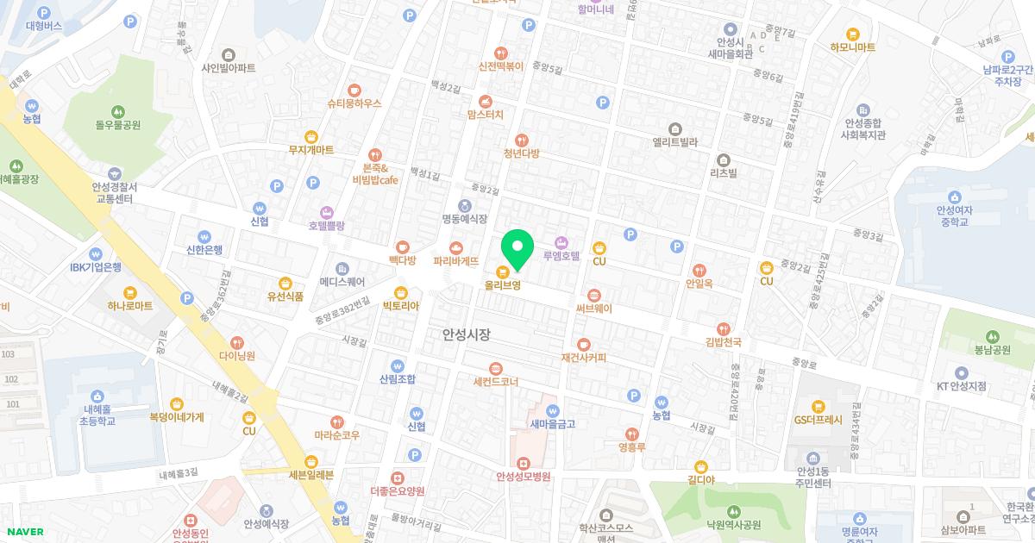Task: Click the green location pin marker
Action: (x=517, y=248)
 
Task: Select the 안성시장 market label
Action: (x=466, y=334)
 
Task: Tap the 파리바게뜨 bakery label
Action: (x=455, y=259)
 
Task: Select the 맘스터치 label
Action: (x=485, y=114)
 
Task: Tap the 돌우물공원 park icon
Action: (x=118, y=111)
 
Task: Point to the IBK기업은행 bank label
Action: (x=96, y=267)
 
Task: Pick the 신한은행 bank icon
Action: (x=204, y=237)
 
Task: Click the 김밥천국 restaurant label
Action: (x=723, y=342)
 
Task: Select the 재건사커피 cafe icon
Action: (x=584, y=345)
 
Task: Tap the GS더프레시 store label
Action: (x=818, y=420)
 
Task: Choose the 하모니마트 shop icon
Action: (x=853, y=34)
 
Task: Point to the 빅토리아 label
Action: (x=400, y=305)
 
